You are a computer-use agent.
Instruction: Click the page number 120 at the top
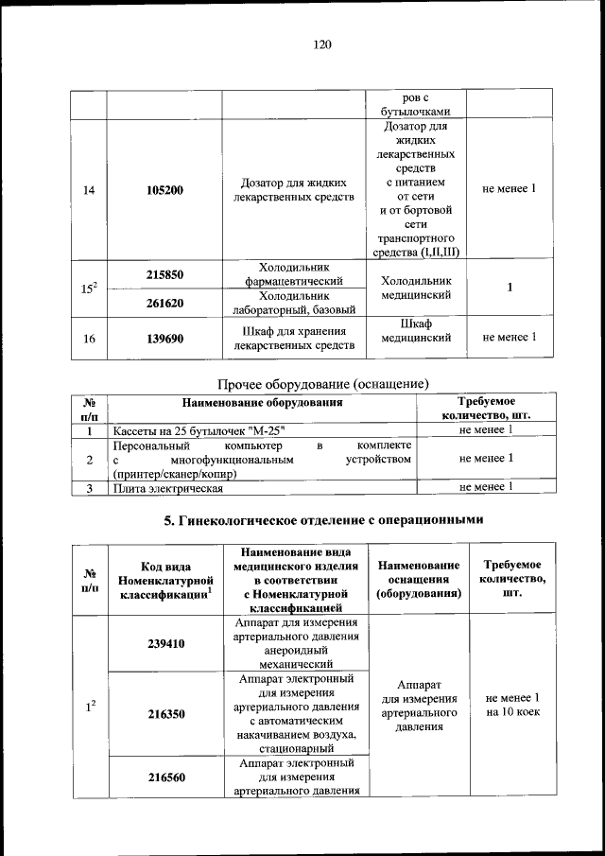tap(323, 44)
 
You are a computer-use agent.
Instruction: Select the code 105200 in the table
tap(164, 190)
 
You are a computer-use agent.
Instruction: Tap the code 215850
tap(164, 274)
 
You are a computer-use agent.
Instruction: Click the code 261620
tap(164, 303)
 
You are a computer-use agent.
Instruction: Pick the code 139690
tap(164, 338)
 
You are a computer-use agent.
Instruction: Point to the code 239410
tap(165, 643)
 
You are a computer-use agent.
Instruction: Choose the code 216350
tap(165, 715)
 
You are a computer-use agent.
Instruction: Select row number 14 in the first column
tap(89, 190)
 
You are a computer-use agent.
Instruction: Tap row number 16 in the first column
tap(89, 338)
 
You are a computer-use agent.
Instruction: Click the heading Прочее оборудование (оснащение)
tap(323, 384)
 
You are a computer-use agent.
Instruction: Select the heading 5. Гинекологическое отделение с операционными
tap(323, 519)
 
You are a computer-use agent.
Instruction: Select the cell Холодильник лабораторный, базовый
tap(294, 303)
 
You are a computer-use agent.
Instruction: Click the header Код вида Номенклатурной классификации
tap(164, 580)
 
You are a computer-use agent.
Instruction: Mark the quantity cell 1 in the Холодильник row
tap(510, 288)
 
